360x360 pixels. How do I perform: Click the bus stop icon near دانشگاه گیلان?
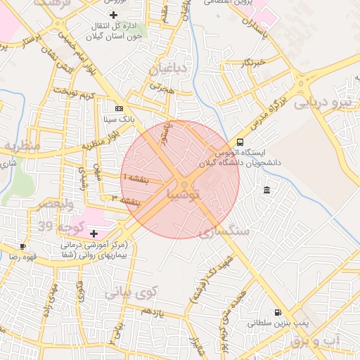click(241, 142)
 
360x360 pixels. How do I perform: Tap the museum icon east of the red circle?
click(267, 191)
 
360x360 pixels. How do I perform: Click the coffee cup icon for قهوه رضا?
click(24, 246)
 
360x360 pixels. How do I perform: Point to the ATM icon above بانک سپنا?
click(118, 109)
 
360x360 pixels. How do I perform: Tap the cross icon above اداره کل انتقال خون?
click(114, 15)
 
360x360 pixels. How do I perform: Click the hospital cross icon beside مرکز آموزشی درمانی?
click(94, 233)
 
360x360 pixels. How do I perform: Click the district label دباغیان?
click(167, 69)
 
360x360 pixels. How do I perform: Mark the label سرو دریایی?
click(320, 102)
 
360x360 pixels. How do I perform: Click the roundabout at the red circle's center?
click(184, 184)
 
